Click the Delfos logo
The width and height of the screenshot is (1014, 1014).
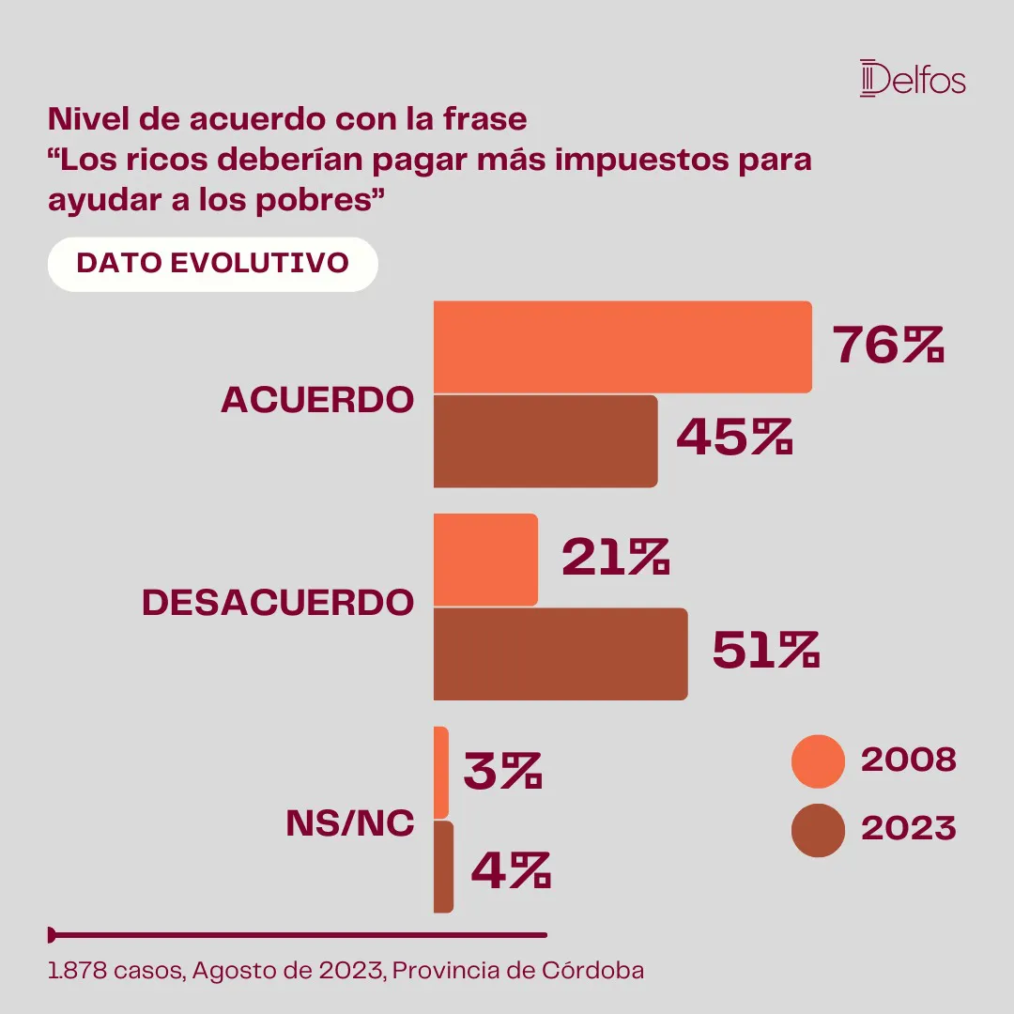coord(912,78)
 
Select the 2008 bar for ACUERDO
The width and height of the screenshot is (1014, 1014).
coord(622,346)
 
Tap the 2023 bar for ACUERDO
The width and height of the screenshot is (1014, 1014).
coord(545,440)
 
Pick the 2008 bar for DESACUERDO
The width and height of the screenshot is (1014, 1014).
coord(485,560)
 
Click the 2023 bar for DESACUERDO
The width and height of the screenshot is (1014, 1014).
coord(560,653)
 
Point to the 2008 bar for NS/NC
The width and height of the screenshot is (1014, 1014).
coord(441,772)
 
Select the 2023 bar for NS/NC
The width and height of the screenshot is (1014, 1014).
coord(443,867)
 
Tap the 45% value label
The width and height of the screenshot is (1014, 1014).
coord(734,438)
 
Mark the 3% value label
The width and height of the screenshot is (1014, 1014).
coord(502,771)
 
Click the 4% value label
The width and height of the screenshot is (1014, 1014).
coord(510,871)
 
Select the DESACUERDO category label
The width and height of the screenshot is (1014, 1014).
coord(278,603)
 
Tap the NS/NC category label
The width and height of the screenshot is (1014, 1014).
coord(349,822)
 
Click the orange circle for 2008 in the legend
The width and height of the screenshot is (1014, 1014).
coord(819,760)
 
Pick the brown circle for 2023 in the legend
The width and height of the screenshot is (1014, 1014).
coord(819,830)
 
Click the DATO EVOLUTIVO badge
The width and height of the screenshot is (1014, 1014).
coord(212,263)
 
